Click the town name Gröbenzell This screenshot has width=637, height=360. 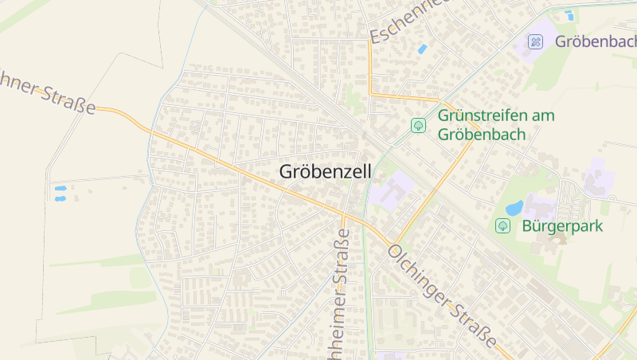[x=325, y=171]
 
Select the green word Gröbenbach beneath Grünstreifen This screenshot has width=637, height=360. [x=482, y=134]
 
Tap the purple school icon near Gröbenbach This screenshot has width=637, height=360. [x=536, y=41]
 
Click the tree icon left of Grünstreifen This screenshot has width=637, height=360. [x=418, y=125]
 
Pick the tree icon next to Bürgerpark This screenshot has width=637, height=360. [x=502, y=225]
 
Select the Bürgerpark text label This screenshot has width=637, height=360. [x=563, y=225]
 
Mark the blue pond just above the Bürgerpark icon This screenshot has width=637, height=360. [x=514, y=208]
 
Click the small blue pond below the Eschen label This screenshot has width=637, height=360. [x=422, y=49]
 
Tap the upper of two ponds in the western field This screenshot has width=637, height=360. [x=60, y=189]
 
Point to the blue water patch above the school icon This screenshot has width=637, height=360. [x=569, y=14]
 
